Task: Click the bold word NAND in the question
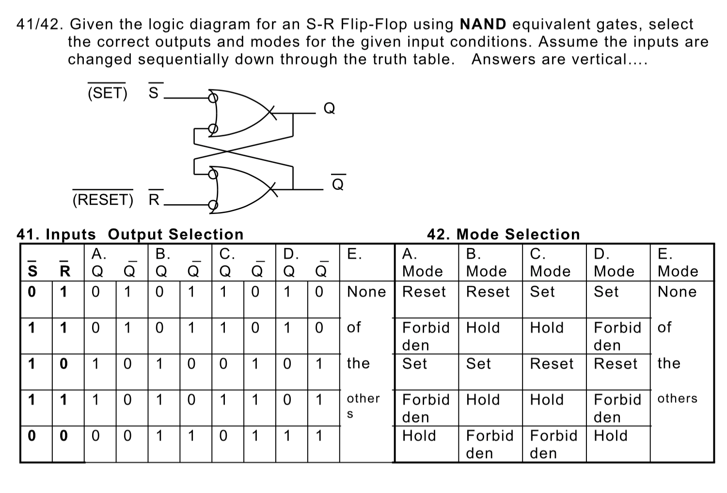point(483,24)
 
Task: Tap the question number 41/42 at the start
point(41,24)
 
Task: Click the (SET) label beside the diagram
point(107,93)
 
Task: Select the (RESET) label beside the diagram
point(102,199)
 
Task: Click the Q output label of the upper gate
point(329,108)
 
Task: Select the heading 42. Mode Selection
point(503,234)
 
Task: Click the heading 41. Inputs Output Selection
point(130,234)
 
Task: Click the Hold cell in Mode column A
point(419,436)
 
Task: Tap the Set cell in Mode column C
point(542,292)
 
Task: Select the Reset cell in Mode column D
point(616,363)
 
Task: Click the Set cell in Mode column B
point(478,363)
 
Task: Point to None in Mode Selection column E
point(677,292)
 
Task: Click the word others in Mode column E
point(677,398)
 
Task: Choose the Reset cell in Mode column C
point(552,363)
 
